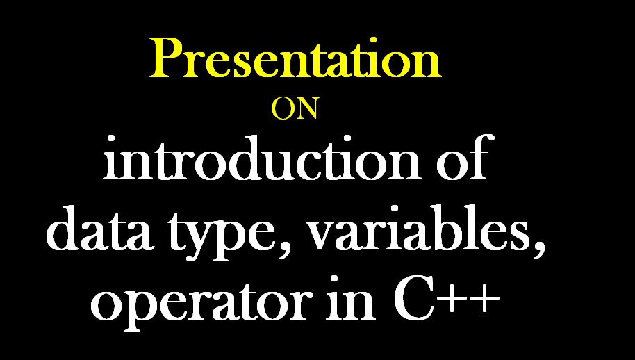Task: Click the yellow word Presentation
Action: click(295, 58)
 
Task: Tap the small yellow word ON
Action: click(295, 109)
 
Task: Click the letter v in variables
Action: click(323, 236)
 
